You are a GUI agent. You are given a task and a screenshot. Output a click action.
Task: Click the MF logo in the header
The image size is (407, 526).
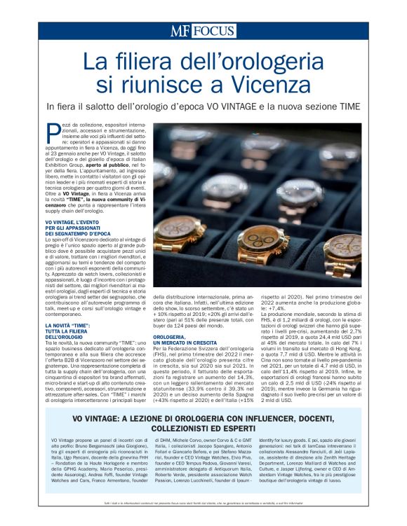[x=180, y=31]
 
